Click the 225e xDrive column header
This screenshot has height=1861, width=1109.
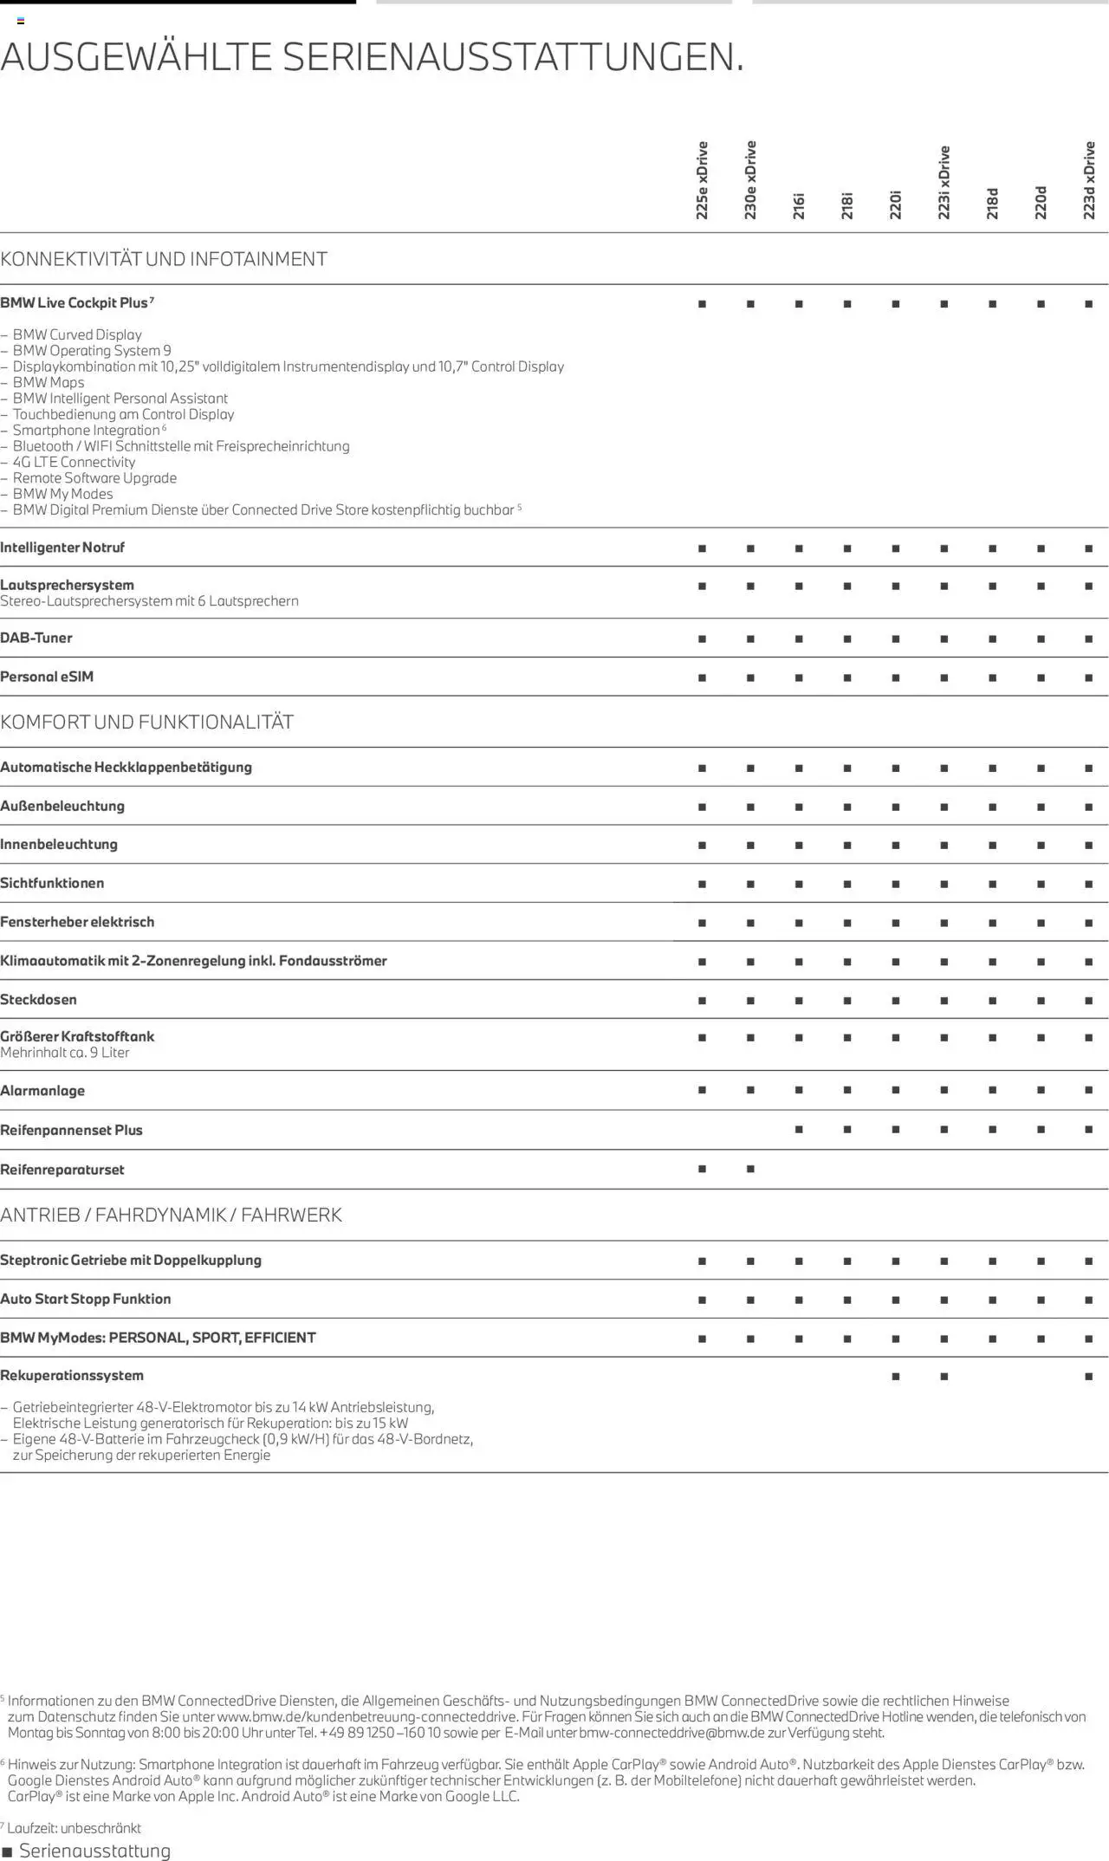702,180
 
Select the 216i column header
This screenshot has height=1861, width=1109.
799,205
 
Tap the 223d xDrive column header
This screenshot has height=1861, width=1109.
1089,180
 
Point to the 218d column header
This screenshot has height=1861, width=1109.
992,204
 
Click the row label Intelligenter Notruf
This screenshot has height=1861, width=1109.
62,548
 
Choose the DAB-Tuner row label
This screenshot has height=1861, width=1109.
36,638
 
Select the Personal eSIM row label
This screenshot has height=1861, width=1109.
47,677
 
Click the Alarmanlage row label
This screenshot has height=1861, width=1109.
42,1091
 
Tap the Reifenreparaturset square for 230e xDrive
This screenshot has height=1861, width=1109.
750,1169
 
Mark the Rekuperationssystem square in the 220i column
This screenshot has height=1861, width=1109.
896,1376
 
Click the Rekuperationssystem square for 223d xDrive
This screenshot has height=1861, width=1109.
1089,1376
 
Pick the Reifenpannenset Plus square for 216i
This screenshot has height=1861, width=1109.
799,1130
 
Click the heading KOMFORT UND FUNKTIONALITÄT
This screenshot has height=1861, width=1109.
147,722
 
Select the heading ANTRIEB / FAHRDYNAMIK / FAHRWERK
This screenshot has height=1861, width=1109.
171,1215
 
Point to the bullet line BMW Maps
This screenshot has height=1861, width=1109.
49,382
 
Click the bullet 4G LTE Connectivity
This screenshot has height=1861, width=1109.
74,462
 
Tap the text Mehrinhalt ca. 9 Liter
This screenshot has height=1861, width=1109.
65,1053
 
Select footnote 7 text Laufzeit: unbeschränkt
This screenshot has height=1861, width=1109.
74,1828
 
